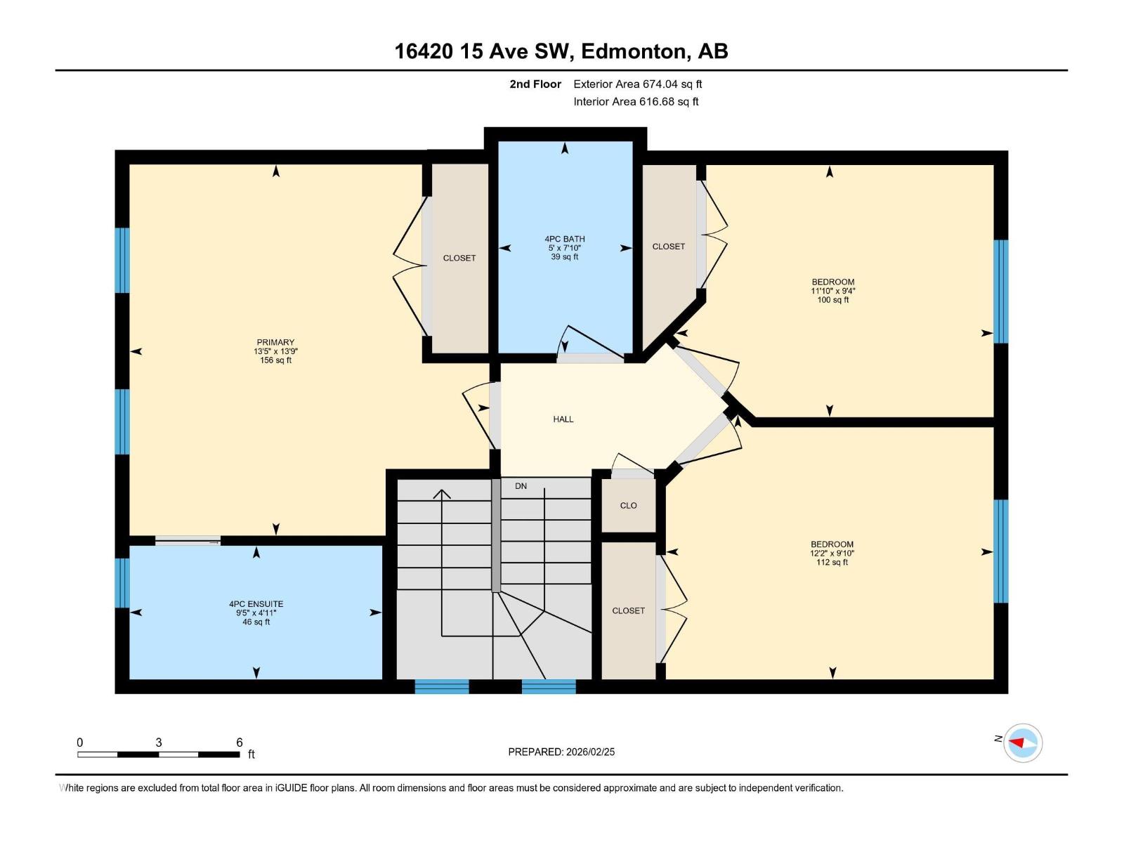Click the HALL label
coord(563,419)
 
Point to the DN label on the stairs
coord(521,486)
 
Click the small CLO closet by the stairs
coord(628,506)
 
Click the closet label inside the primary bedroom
coord(459,259)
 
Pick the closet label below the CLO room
coord(628,611)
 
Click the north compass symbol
coord(1022,743)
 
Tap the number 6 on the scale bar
coord(240,743)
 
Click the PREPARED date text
coord(561,752)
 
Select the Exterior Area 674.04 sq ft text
coord(637,84)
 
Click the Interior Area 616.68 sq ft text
coord(636,102)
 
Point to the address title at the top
coord(561,51)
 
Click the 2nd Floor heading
coord(535,84)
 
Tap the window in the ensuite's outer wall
coord(122,582)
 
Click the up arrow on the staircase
coord(441,494)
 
